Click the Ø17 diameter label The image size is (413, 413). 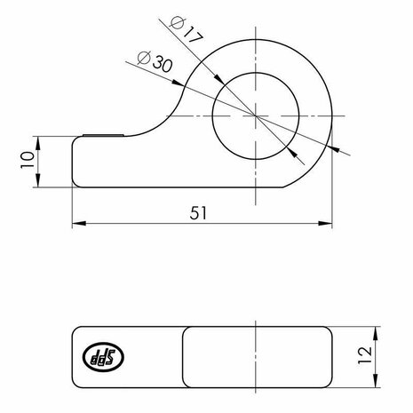point(187,30)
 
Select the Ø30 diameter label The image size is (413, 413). point(155,61)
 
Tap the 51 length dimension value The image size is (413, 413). point(198,212)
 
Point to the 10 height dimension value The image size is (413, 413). point(28,160)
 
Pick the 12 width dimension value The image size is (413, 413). point(365,355)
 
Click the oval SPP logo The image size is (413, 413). point(103,357)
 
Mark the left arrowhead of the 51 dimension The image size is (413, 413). point(79,223)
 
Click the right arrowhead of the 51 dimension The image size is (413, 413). point(325,223)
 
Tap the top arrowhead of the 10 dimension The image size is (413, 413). point(38,143)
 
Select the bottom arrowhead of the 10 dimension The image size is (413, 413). point(38,180)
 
